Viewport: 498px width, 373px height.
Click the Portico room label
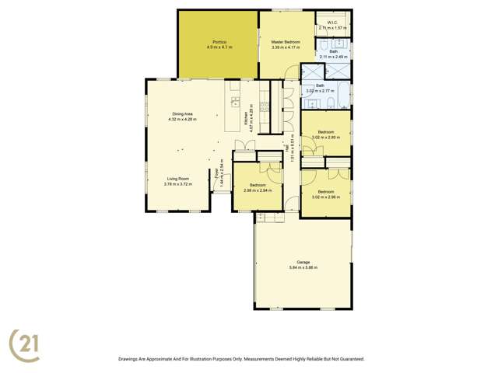[219, 42]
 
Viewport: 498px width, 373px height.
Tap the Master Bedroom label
[286, 42]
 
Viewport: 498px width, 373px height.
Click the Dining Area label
[182, 114]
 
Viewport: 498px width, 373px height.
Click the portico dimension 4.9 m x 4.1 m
[219, 47]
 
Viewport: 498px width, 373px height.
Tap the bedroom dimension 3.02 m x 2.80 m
[325, 138]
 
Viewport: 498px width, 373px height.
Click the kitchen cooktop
[263, 107]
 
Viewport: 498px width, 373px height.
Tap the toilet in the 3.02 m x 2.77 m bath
[332, 103]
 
